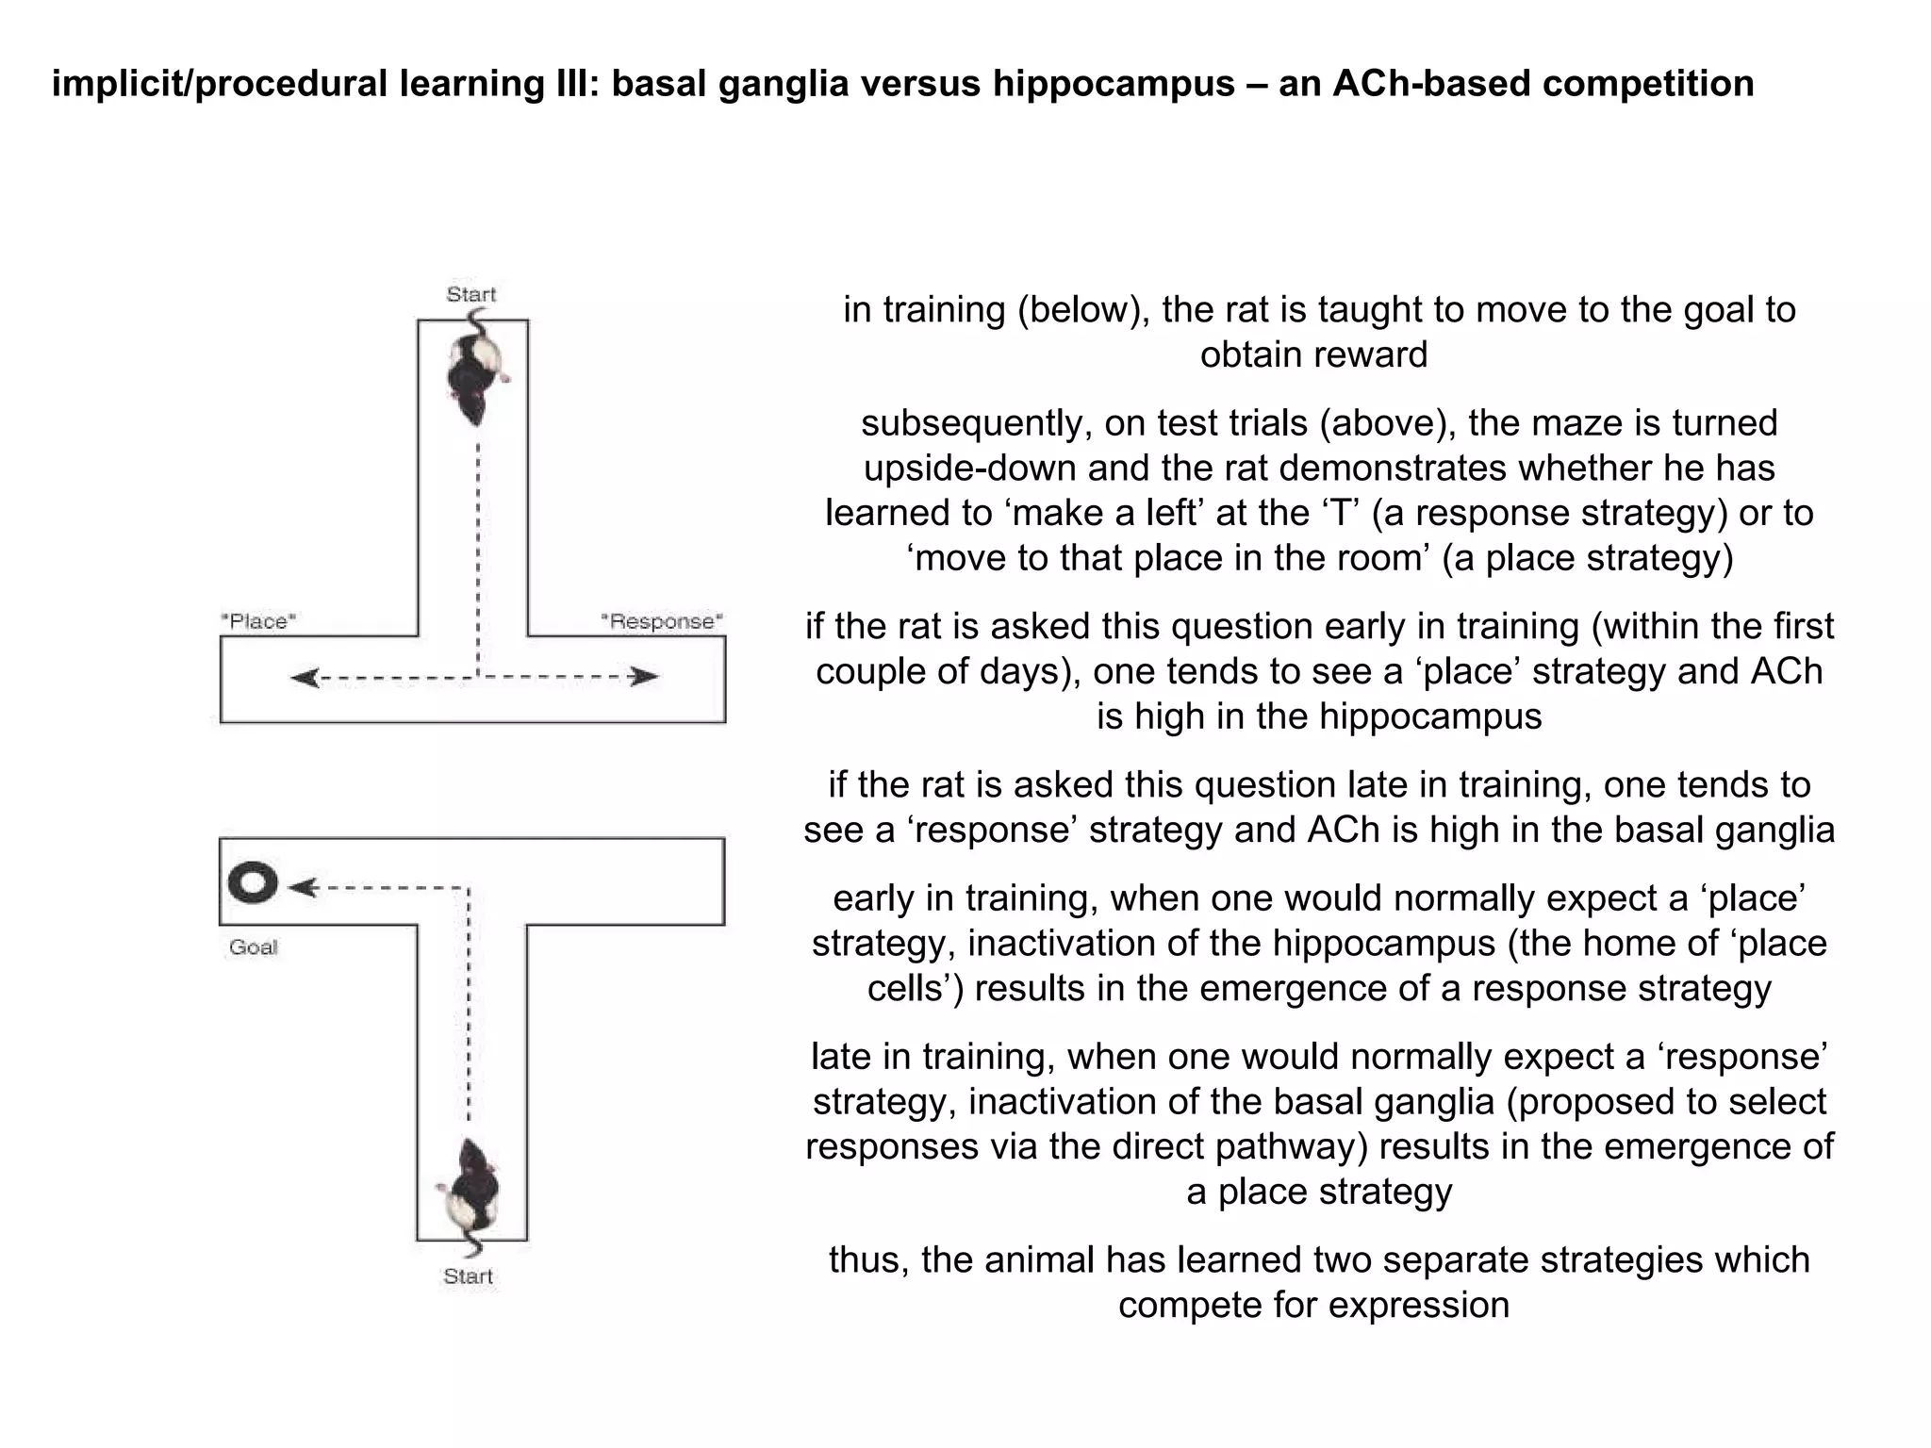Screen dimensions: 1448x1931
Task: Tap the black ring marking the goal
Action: pyautogui.click(x=253, y=883)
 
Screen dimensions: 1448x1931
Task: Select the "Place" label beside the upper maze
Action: pyautogui.click(x=258, y=621)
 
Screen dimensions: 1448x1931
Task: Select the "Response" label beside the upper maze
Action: pyautogui.click(x=662, y=621)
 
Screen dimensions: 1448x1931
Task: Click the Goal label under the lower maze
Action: pyautogui.click(x=253, y=947)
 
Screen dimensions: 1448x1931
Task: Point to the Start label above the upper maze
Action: pyautogui.click(x=470, y=294)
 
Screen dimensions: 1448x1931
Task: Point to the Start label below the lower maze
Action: pyautogui.click(x=468, y=1276)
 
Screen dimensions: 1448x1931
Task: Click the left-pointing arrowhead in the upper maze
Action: pyautogui.click(x=305, y=678)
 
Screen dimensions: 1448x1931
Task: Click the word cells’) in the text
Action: pyautogui.click(x=915, y=989)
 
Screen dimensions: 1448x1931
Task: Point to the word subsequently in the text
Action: pyautogui.click(x=975, y=423)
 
